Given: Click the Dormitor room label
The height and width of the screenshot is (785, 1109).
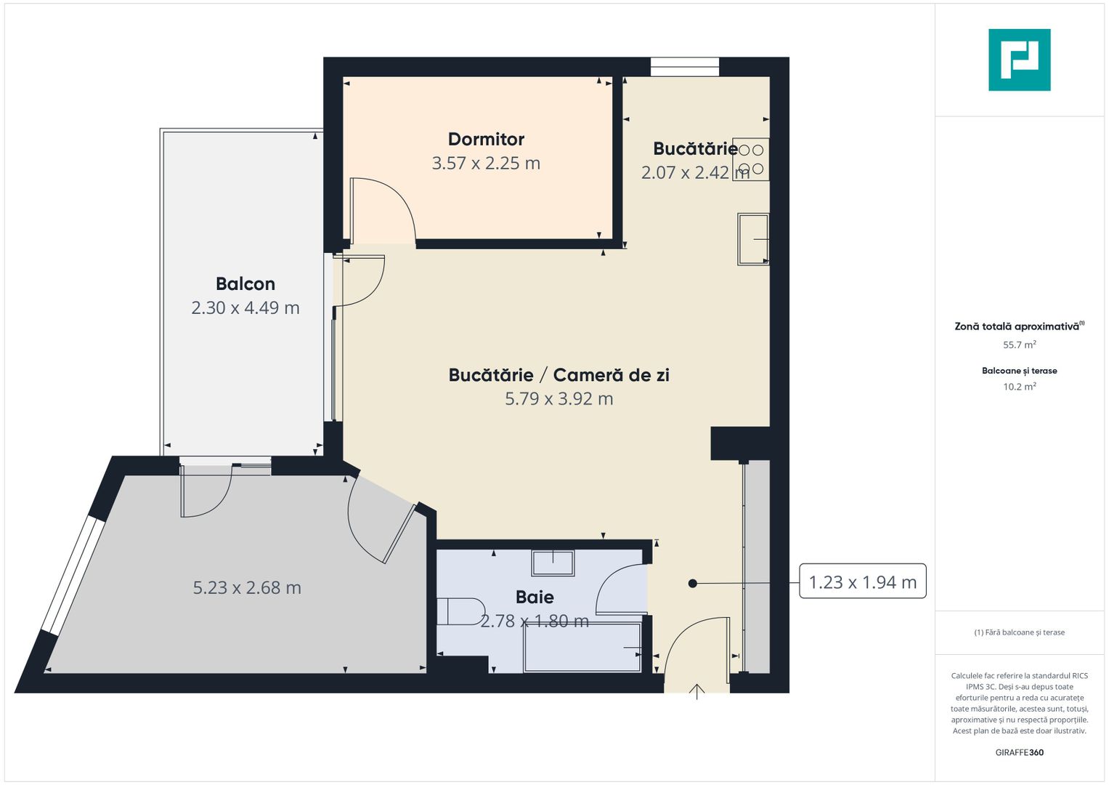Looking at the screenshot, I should pyautogui.click(x=486, y=139).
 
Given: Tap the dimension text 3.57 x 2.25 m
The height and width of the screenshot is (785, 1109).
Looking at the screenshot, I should pyautogui.click(x=486, y=163).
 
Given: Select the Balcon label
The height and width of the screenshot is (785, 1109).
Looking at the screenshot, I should pyautogui.click(x=245, y=283).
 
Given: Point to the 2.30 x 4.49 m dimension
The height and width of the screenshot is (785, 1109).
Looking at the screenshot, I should pyautogui.click(x=245, y=307).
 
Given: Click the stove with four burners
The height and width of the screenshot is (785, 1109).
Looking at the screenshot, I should pyautogui.click(x=751, y=159).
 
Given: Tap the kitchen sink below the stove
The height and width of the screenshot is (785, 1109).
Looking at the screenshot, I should pyautogui.click(x=753, y=238).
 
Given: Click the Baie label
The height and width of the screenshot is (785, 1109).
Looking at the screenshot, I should pyautogui.click(x=535, y=597).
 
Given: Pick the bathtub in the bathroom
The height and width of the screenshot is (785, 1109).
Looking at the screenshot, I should pyautogui.click(x=582, y=648).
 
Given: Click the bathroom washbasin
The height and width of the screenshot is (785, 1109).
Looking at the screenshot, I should pyautogui.click(x=553, y=563).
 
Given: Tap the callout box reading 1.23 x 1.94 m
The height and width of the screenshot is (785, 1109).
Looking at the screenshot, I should pyautogui.click(x=863, y=581).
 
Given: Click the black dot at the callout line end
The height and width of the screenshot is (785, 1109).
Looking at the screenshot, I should pyautogui.click(x=693, y=583).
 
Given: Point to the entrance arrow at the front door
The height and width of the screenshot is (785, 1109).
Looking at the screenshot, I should pyautogui.click(x=697, y=691).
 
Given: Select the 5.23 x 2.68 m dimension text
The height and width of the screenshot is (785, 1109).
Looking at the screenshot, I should pyautogui.click(x=247, y=587).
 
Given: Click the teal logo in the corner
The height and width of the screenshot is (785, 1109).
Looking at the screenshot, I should pyautogui.click(x=1019, y=60).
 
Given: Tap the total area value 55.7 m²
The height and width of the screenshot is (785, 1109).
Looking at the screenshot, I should pyautogui.click(x=1019, y=345).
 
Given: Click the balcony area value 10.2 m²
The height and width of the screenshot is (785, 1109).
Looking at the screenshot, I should pyautogui.click(x=1019, y=387).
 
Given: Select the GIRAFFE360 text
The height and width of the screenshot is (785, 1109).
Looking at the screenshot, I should pyautogui.click(x=1019, y=752).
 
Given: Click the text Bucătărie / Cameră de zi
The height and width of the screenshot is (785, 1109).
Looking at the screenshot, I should pyautogui.click(x=558, y=375).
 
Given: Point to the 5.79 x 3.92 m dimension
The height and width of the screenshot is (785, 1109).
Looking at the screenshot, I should pyautogui.click(x=558, y=398).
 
